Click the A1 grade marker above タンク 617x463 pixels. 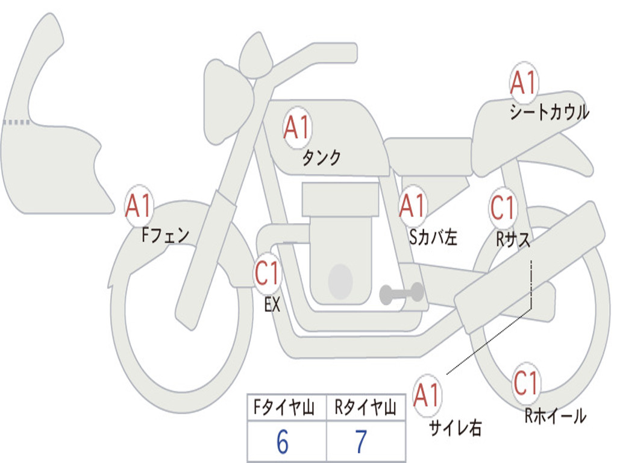[x=297, y=128]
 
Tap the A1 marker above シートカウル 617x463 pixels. [x=524, y=83]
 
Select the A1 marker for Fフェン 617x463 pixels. [x=139, y=206]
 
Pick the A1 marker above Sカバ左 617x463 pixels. [x=412, y=206]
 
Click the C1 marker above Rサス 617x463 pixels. [x=503, y=207]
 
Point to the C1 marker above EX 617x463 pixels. [x=267, y=273]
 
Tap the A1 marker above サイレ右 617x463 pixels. [x=427, y=395]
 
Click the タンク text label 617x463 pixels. [x=321, y=158]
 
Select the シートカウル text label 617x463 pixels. [x=550, y=112]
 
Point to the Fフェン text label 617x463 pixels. [x=165, y=235]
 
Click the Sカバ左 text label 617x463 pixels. [x=433, y=237]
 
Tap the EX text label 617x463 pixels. [x=272, y=304]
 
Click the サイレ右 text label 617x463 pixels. [x=456, y=427]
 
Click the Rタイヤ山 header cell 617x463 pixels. [x=366, y=408]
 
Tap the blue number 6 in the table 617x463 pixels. [x=283, y=442]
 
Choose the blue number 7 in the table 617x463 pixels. [x=361, y=442]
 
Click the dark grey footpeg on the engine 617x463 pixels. [x=402, y=294]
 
